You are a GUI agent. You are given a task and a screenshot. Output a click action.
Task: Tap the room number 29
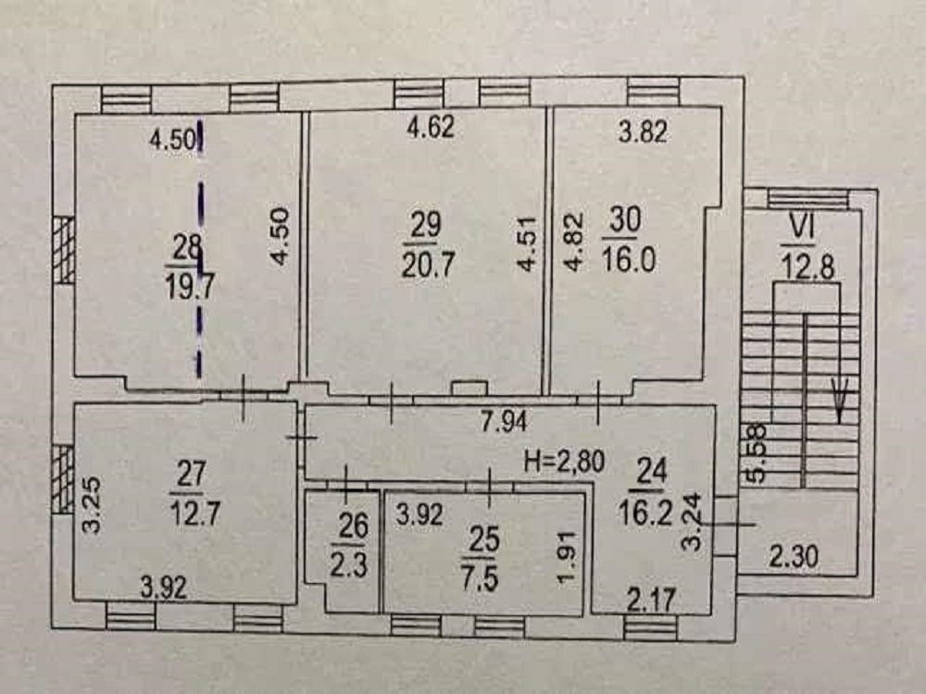tap(425, 225)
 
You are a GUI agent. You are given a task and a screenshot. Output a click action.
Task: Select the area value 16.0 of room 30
tap(629, 259)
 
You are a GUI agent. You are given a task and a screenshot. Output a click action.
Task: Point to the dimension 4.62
tap(431, 126)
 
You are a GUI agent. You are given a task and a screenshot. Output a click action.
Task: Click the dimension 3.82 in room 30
tap(644, 131)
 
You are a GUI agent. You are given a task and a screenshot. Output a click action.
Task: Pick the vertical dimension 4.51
tap(527, 244)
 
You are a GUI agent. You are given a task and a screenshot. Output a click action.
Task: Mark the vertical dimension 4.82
tap(573, 242)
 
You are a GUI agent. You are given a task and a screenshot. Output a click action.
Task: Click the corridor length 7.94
tap(504, 421)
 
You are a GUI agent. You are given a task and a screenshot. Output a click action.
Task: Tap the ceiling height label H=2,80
tap(565, 461)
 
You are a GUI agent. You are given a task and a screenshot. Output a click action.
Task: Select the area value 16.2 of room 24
tap(645, 513)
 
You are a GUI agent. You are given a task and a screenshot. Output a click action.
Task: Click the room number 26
tap(353, 526)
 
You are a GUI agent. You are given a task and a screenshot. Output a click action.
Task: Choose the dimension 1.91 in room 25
tap(567, 558)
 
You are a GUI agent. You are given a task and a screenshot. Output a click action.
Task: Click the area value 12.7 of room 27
tap(194, 512)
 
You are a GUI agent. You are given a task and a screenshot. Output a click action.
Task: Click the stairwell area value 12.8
tap(807, 266)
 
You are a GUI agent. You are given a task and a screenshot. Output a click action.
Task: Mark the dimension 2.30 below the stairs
tap(794, 556)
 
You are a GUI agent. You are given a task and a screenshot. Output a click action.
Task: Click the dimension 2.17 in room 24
tap(650, 601)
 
